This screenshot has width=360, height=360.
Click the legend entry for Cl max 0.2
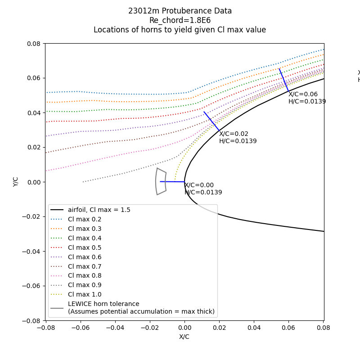85,219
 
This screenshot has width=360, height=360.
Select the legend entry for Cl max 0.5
85,247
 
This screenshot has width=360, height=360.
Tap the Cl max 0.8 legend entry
85,276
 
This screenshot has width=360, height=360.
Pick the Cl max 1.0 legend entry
85,294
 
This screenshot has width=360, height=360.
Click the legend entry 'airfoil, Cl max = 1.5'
99,210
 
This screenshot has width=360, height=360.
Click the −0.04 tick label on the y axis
33,251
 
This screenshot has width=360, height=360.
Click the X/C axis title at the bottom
184,337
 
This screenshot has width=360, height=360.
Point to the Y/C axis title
16,182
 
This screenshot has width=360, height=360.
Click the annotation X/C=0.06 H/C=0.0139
307,98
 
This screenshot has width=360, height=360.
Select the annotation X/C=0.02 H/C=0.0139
238,138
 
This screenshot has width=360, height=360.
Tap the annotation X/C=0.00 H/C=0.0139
203,189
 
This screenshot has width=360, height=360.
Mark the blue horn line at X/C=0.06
284,80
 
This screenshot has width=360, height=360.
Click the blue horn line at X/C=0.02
211,121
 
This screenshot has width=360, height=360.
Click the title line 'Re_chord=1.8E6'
180,21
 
